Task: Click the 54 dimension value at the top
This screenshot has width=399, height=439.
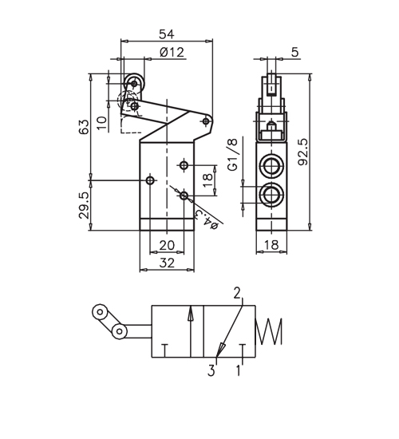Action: [167, 34]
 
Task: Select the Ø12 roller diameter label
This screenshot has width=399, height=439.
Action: [172, 53]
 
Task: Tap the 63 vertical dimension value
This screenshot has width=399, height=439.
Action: [84, 127]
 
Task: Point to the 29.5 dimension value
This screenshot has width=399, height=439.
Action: [84, 205]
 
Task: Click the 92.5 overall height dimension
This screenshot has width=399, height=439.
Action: [303, 152]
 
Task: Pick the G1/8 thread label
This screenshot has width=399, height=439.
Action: [233, 154]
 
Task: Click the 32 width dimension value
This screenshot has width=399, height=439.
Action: [167, 263]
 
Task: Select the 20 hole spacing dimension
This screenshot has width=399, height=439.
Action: [167, 246]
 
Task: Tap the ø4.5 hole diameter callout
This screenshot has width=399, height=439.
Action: [207, 219]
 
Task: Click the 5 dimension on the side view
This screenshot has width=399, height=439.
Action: [294, 52]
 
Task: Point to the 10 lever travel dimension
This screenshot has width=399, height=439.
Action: [102, 123]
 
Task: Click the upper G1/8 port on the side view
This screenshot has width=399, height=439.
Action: [271, 166]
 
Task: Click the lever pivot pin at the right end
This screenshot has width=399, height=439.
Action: [206, 121]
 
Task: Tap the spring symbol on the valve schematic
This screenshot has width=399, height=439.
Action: [269, 331]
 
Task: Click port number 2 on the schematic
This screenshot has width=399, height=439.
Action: [237, 293]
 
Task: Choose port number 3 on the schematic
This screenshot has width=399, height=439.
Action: [211, 370]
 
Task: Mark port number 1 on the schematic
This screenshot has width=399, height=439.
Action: [239, 370]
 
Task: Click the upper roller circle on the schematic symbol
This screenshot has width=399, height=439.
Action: [100, 311]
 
